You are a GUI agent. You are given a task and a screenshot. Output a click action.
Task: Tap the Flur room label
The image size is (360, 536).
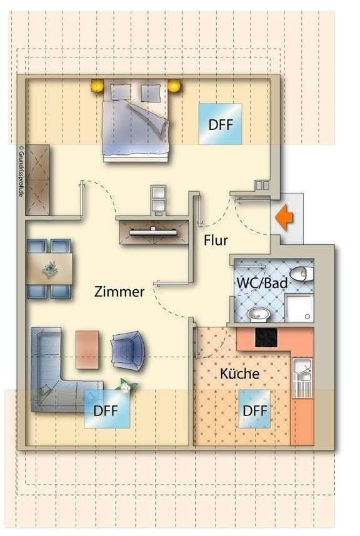coord(216,240)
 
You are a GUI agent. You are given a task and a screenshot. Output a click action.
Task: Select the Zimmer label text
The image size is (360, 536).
coord(119,291)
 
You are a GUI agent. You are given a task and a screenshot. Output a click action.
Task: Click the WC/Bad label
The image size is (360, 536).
coord(262,283)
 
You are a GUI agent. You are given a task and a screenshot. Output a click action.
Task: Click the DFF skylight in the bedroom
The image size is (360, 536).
coord(220,124)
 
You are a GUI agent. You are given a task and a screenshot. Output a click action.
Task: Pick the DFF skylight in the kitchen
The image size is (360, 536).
coord(255,410)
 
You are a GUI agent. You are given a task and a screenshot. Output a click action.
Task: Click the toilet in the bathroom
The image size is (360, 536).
coord(301,273)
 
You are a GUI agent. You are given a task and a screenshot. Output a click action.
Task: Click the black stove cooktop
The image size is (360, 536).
coord(266,337)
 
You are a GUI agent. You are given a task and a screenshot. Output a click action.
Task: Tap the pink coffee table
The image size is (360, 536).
coord(87,349)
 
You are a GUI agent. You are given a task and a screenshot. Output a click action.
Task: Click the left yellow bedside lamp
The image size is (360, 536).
coord(97,86)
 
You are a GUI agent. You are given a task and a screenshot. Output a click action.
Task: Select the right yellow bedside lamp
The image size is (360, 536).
coord(174,86)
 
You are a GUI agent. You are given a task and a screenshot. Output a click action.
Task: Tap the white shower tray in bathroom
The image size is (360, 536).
coord(299,309)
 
